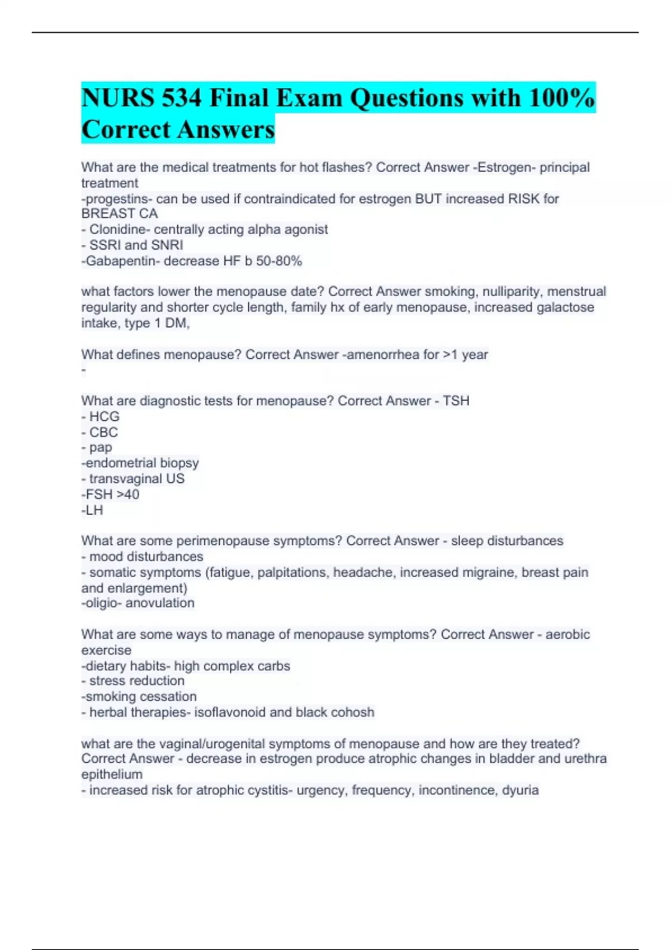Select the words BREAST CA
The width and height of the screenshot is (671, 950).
(x=120, y=213)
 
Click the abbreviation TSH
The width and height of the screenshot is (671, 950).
(x=456, y=401)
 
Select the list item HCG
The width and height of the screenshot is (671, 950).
(x=104, y=417)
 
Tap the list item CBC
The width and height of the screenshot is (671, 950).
(x=103, y=433)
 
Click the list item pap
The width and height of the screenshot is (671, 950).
(x=101, y=448)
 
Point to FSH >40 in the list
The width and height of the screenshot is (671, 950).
(x=112, y=495)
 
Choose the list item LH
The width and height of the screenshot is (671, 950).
(x=94, y=510)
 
